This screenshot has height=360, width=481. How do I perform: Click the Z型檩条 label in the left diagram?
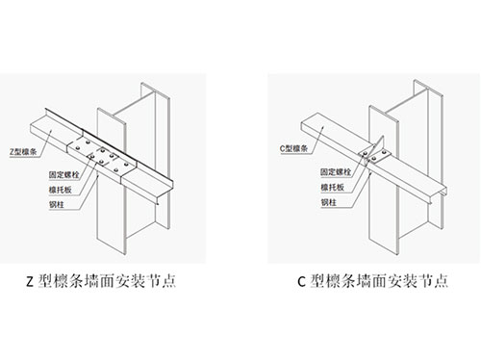23,151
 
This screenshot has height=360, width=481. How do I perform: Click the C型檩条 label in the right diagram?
294,148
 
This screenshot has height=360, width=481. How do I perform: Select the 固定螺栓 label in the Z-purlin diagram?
63,175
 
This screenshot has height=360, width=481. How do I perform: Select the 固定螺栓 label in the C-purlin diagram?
336,172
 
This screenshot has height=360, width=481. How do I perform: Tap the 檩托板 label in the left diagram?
61,190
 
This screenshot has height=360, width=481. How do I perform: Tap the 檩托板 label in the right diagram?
333,187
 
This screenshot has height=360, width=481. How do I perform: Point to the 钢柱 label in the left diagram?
57,204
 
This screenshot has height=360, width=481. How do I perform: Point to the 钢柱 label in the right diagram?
329,202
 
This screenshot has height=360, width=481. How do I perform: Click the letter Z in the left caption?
30,282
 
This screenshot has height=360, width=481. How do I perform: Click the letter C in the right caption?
301,282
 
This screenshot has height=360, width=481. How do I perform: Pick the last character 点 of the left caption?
168,281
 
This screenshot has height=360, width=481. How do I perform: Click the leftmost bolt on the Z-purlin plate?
78,148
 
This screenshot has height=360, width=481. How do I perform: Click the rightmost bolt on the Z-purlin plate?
126,165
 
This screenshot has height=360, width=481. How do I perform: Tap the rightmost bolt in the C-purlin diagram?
383,152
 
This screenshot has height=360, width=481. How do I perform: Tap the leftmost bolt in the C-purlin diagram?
365,154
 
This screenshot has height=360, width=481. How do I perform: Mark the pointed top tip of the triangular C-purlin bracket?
383,136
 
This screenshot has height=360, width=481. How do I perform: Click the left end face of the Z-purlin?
32,128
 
